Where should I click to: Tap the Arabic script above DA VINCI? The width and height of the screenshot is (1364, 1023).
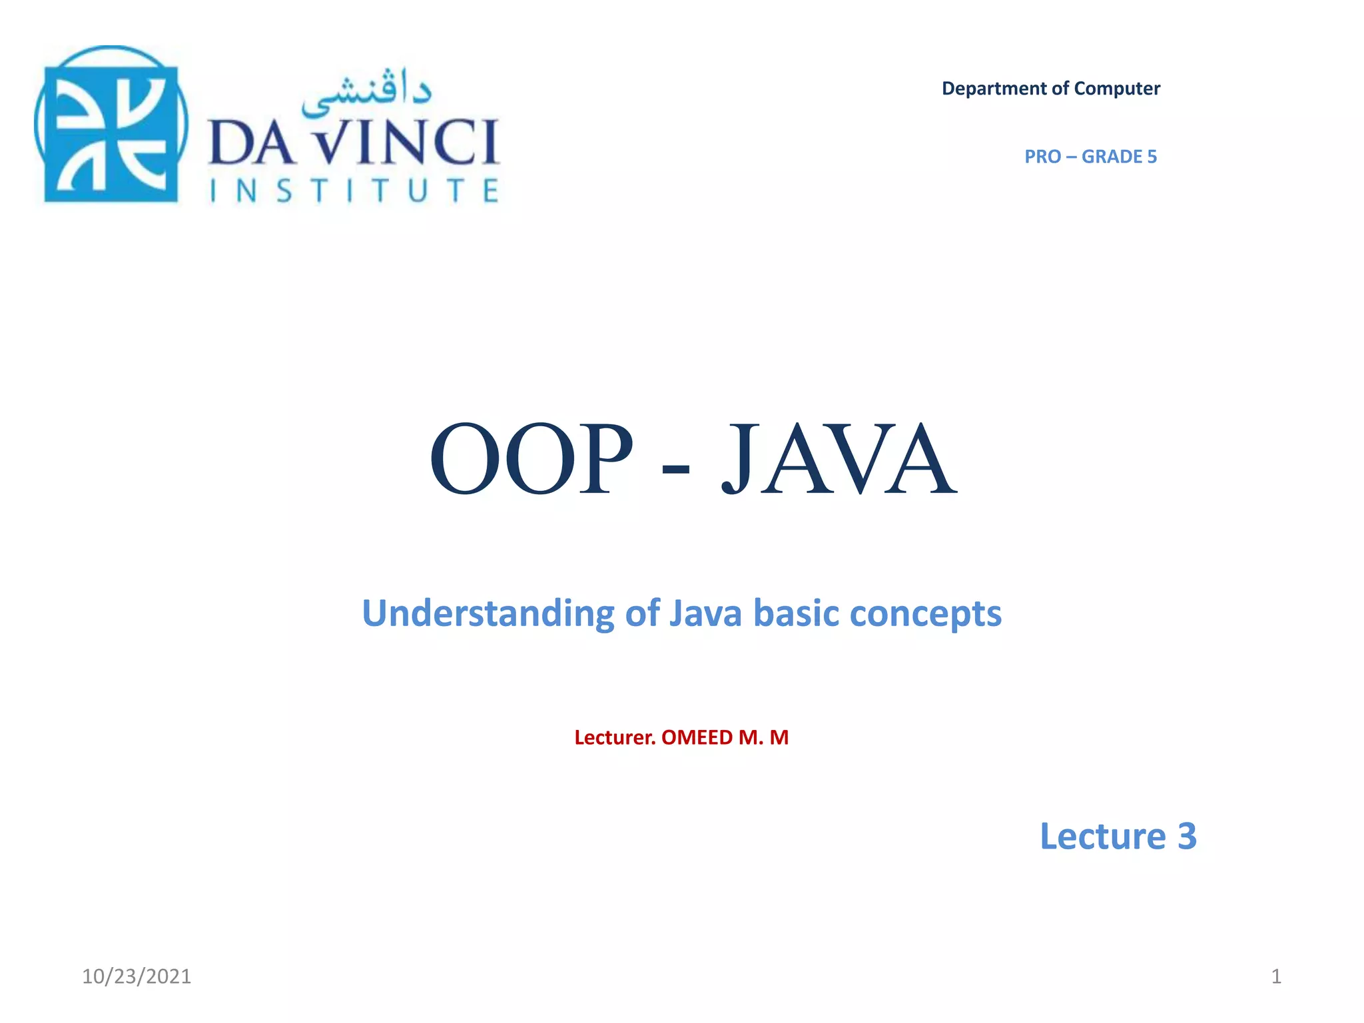pyautogui.click(x=366, y=93)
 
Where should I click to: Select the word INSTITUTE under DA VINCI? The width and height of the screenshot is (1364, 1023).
pyautogui.click(x=354, y=191)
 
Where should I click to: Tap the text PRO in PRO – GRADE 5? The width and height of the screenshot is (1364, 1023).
pyautogui.click(x=1042, y=157)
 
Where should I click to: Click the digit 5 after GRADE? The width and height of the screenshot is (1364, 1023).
pyautogui.click(x=1152, y=157)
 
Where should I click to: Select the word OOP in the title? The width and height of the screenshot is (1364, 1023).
pyautogui.click(x=531, y=460)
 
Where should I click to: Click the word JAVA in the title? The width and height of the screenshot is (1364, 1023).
pyautogui.click(x=839, y=460)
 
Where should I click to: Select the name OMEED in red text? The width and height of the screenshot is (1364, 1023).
pyautogui.click(x=697, y=738)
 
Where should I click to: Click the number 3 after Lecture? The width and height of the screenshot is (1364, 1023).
pyautogui.click(x=1187, y=837)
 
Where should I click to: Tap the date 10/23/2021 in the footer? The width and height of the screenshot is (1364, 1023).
pyautogui.click(x=137, y=976)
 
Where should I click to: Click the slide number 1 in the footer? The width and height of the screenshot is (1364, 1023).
pyautogui.click(x=1276, y=976)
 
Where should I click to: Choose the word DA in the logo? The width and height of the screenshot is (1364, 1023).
pyautogui.click(x=252, y=143)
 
